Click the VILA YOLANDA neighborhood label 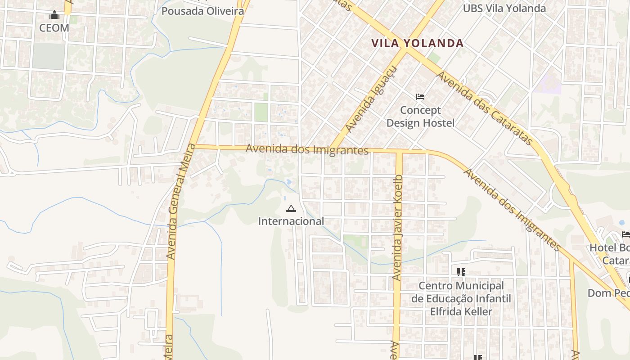tap(417, 43)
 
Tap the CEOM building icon tap(54, 15)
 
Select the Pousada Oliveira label tap(202, 11)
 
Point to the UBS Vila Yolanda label tap(504, 8)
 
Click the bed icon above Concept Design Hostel tap(420, 97)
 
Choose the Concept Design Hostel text tap(420, 117)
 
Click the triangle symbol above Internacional tap(291, 208)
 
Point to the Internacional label tap(291, 221)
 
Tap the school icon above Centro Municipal tap(461, 272)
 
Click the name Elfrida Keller tap(461, 311)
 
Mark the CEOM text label tap(54, 28)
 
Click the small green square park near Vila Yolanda tap(434, 58)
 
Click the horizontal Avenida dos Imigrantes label tap(307, 149)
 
